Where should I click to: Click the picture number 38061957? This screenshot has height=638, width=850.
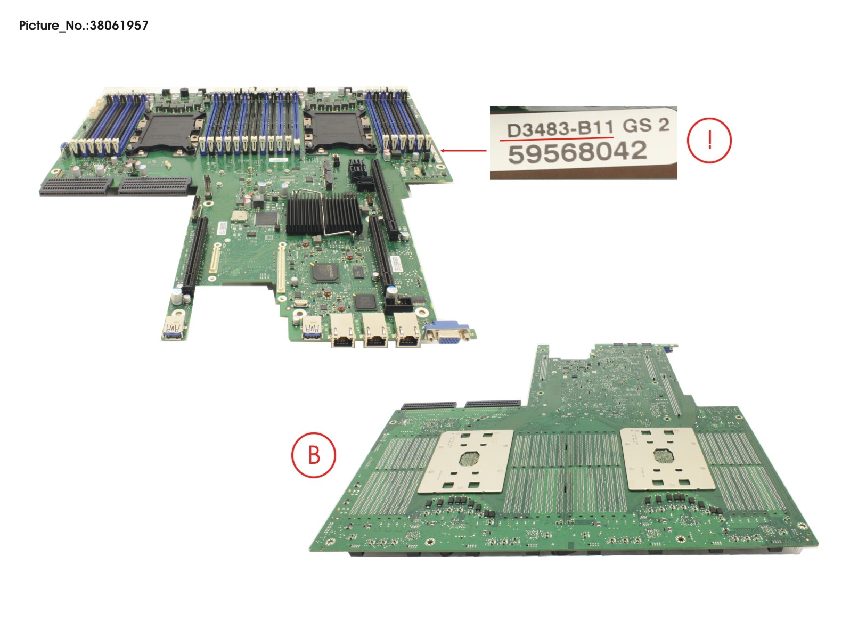[119, 26]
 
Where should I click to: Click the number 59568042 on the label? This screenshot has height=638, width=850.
[577, 152]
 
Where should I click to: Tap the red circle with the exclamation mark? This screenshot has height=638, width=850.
[709, 140]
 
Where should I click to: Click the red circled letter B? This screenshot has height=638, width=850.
[313, 455]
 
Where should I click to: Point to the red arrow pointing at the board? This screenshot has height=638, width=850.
[463, 151]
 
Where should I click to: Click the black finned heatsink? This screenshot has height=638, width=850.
[324, 215]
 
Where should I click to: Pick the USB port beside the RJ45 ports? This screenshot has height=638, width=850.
[312, 328]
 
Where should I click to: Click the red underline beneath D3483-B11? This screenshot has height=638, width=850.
[557, 138]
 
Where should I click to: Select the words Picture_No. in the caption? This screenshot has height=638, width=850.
[54, 26]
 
